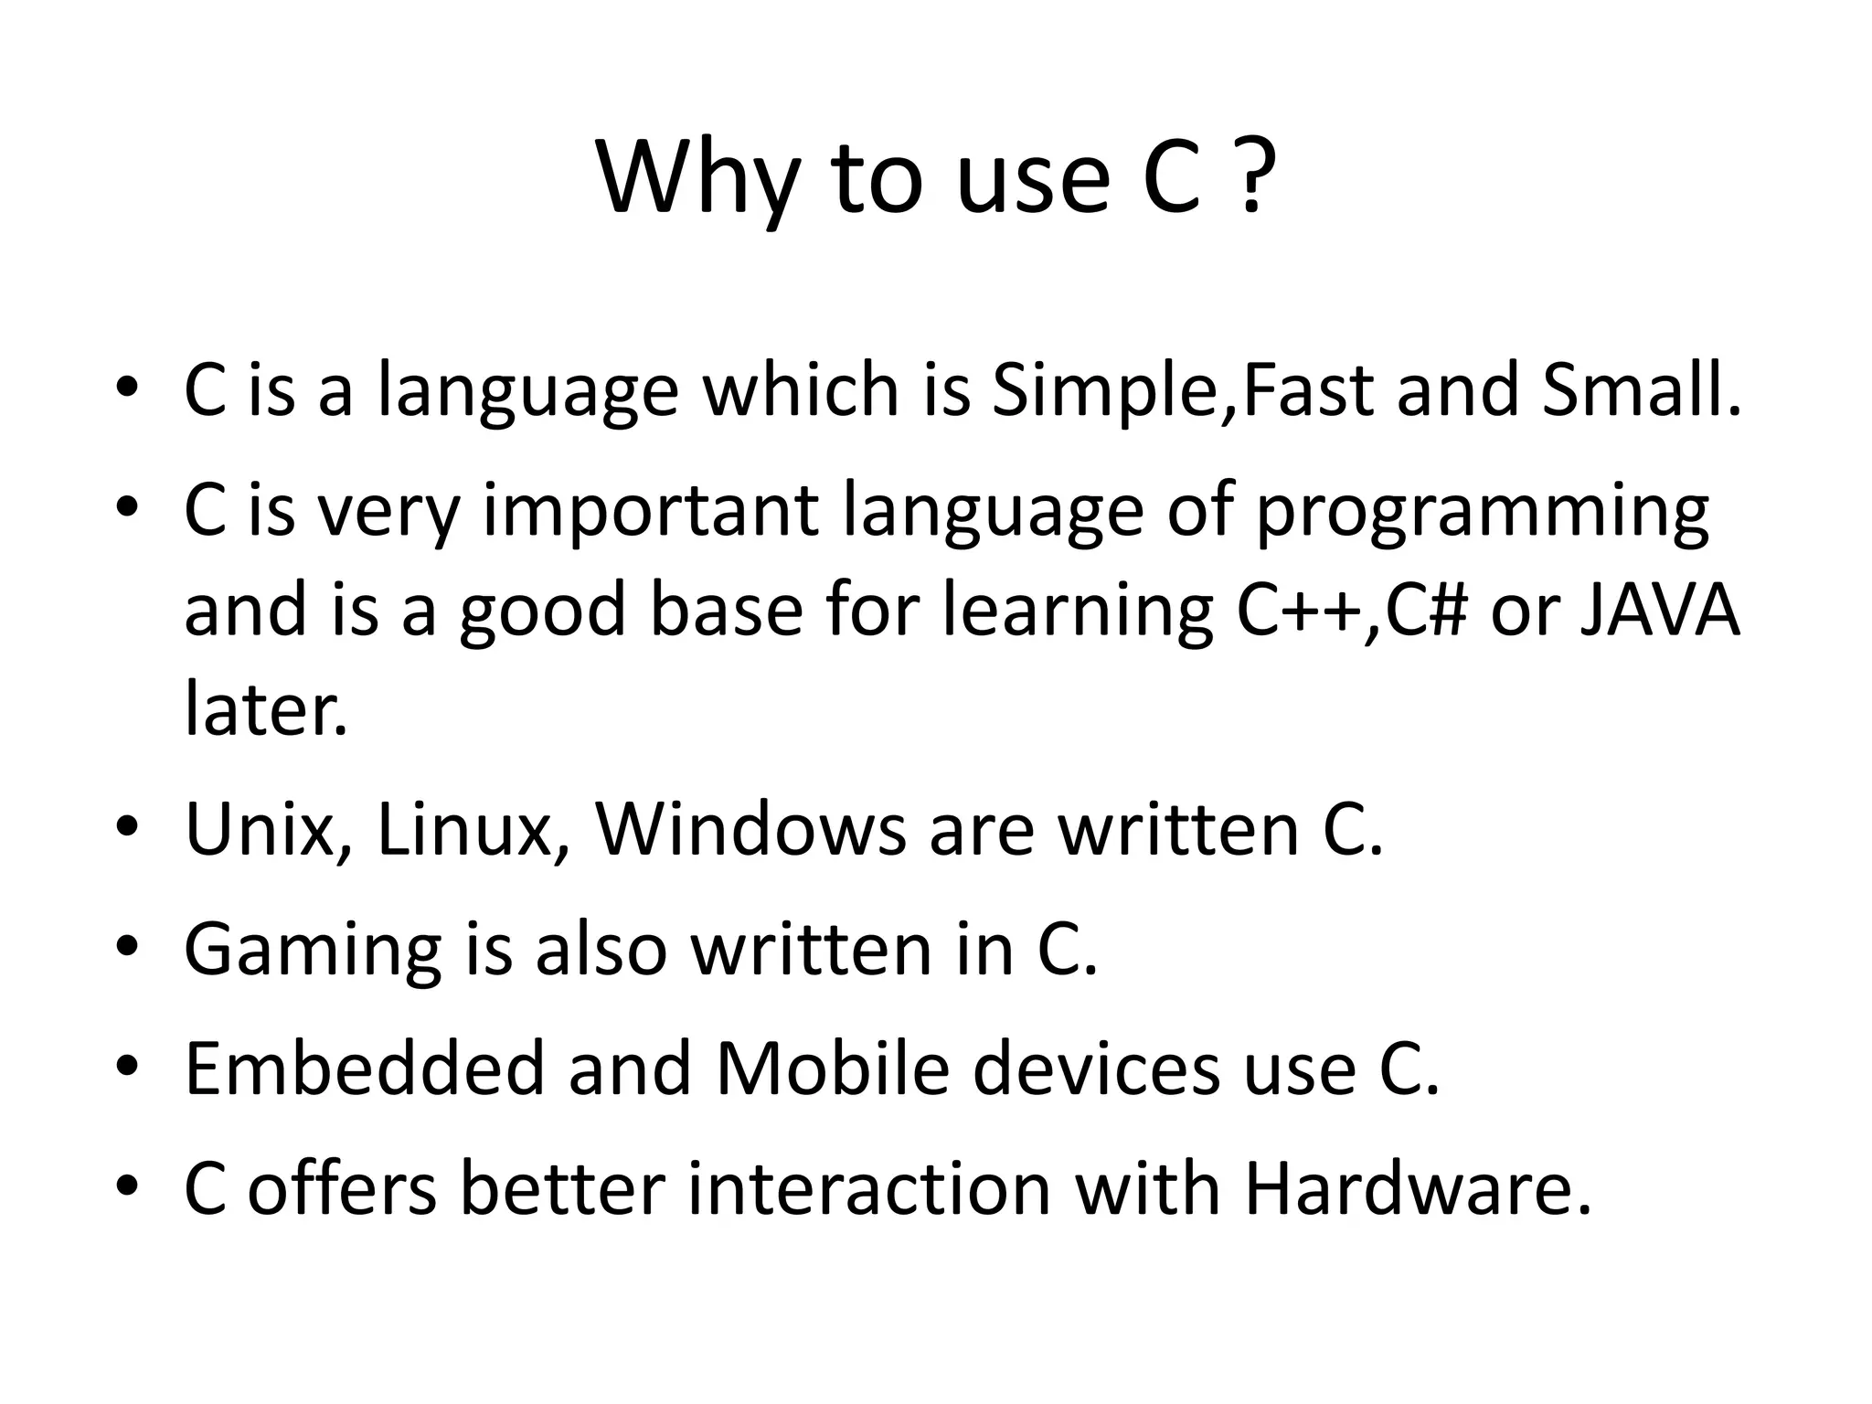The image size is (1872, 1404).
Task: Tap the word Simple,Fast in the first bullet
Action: click(x=1184, y=391)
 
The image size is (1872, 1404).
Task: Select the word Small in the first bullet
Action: click(x=1642, y=389)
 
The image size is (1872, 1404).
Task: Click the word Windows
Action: click(x=750, y=829)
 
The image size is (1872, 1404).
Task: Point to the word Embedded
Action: click(x=364, y=1069)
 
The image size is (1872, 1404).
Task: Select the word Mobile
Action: click(x=833, y=1069)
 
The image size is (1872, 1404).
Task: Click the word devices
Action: click(x=1096, y=1069)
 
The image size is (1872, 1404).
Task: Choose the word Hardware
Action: click(x=1417, y=1189)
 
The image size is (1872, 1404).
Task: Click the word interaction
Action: click(x=868, y=1189)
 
